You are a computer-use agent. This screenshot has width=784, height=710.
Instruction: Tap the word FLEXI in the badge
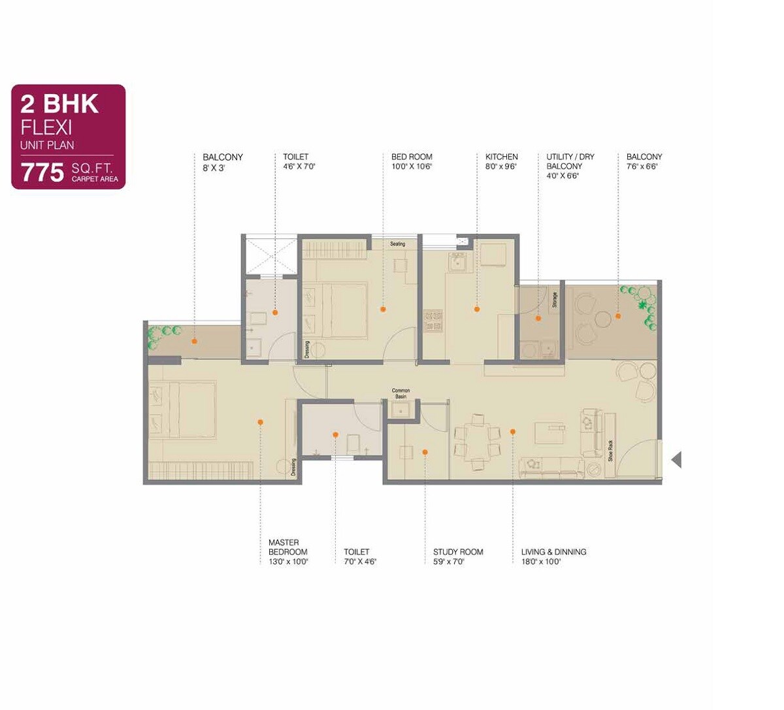click(46, 126)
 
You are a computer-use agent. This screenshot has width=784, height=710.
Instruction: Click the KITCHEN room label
click(501, 157)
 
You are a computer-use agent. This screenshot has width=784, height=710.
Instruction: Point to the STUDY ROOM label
click(458, 552)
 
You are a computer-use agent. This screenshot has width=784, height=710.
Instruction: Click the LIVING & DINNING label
click(553, 552)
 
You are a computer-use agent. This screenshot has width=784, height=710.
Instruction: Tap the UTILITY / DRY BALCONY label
click(570, 161)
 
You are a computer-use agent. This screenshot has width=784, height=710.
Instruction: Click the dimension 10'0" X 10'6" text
click(412, 167)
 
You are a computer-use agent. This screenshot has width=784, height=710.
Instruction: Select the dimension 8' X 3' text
click(214, 168)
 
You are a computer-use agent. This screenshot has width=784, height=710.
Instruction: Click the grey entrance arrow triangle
click(676, 459)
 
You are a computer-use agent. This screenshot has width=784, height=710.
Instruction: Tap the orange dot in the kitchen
click(477, 309)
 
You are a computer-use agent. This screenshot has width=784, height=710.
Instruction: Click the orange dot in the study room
click(425, 451)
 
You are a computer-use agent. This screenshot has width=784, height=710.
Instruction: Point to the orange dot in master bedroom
click(260, 423)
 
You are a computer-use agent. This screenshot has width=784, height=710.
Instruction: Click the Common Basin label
click(400, 393)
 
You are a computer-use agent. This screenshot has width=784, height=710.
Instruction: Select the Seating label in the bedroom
click(397, 244)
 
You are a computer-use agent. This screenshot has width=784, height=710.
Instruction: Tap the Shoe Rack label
click(610, 451)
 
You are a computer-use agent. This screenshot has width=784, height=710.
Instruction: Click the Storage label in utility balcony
click(555, 300)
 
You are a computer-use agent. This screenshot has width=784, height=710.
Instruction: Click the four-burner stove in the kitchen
click(433, 319)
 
